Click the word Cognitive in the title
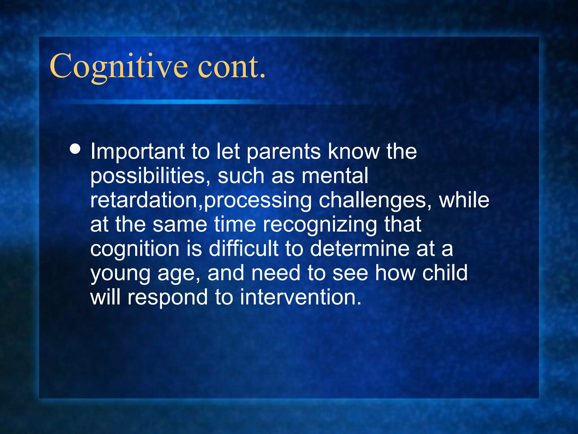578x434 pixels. (x=119, y=66)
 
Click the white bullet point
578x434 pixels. (x=75, y=149)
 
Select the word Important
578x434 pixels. (x=137, y=152)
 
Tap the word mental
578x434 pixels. (x=335, y=176)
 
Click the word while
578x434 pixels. (x=464, y=200)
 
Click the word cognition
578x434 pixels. (x=135, y=249)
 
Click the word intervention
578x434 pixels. (x=301, y=297)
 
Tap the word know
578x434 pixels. (x=354, y=152)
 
